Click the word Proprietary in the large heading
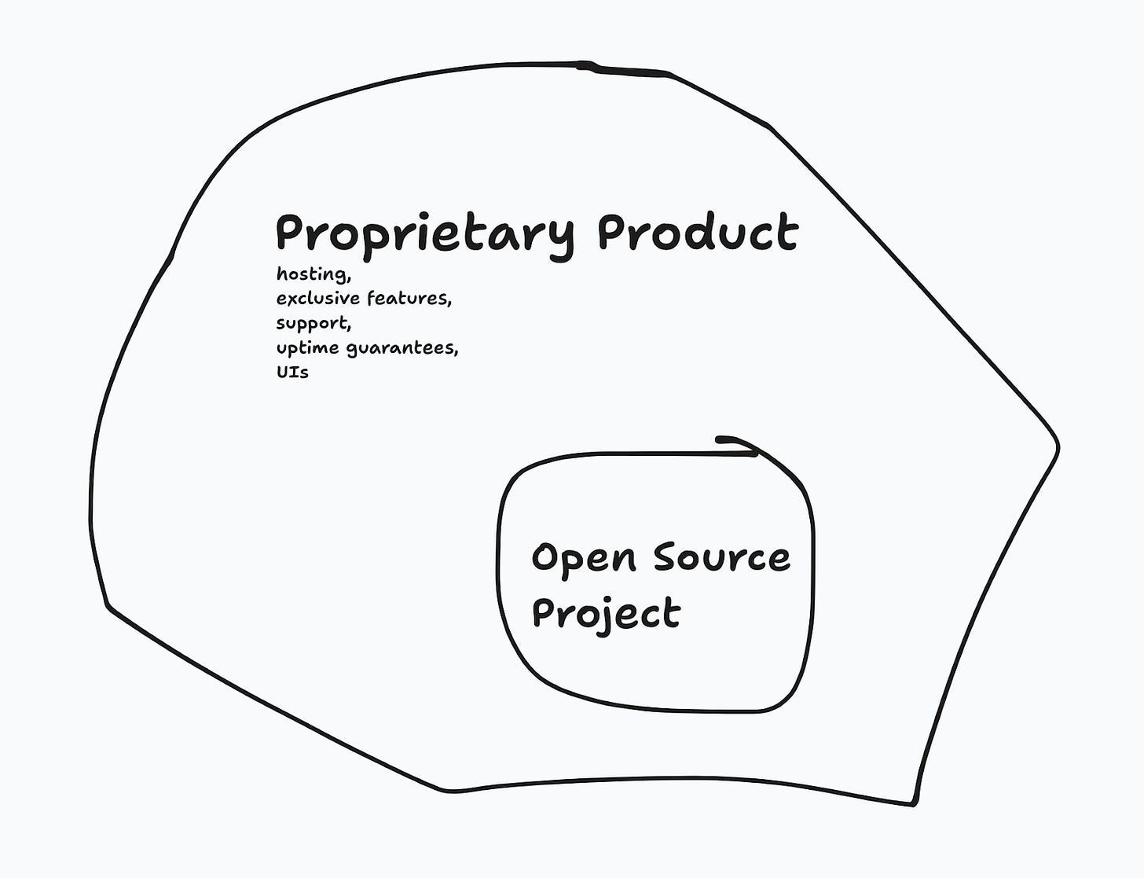tap(425, 233)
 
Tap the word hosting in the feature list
tap(313, 275)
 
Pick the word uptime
tap(309, 348)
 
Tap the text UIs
tap(292, 373)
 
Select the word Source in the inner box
tap(721, 557)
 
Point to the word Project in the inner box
tap(605, 613)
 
